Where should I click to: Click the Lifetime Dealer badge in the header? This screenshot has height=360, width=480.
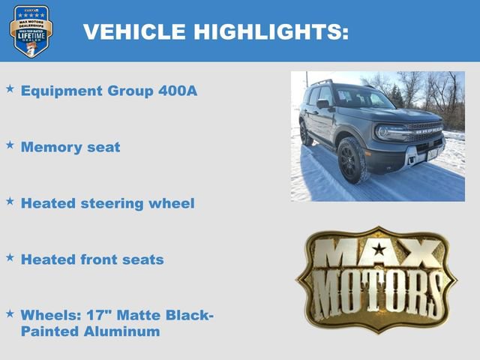pos(31,31)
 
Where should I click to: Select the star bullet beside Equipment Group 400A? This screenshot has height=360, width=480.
pos(10,89)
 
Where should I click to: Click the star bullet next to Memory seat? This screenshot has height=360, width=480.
pos(10,145)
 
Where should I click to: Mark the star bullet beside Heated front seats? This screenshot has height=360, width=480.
pos(10,257)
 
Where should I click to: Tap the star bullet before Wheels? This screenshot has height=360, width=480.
pos(10,313)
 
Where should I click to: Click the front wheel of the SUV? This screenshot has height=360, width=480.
pos(352,160)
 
